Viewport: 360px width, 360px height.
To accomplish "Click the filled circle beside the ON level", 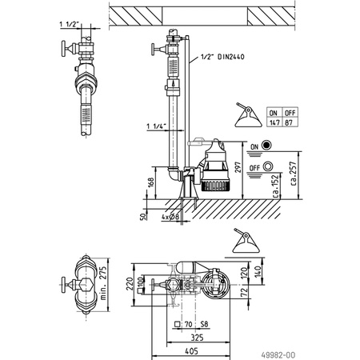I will [x=266, y=146].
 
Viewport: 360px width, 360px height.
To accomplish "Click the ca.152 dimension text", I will [x=274, y=185].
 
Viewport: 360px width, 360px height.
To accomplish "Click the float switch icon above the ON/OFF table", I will [x=245, y=117].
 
